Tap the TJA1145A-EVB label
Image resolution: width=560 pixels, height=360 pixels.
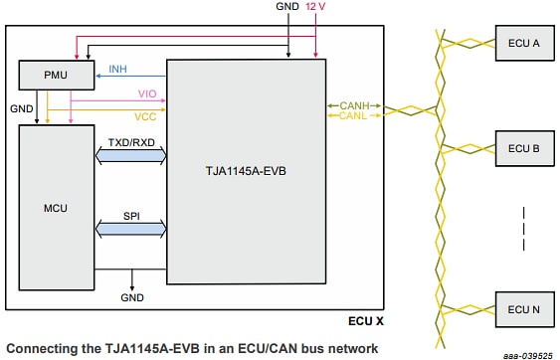[x=246, y=170]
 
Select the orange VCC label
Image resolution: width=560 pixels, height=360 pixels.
[x=145, y=115]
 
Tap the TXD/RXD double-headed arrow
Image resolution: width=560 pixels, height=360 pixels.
[x=130, y=155]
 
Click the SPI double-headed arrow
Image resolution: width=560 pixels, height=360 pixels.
[x=130, y=229]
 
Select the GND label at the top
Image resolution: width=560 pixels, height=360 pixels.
[x=286, y=7]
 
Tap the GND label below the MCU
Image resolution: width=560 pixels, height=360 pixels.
[x=132, y=297]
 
